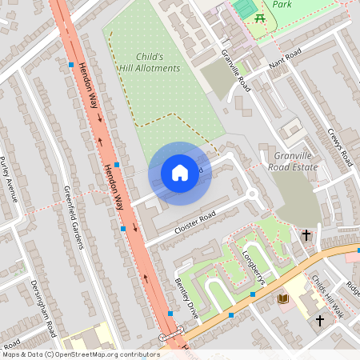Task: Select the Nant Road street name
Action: (x=285, y=58)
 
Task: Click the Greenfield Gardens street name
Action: (x=73, y=217)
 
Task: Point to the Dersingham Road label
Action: (x=43, y=307)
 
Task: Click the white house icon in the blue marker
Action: (x=180, y=172)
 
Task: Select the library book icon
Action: (x=283, y=298)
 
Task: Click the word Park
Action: (x=282, y=4)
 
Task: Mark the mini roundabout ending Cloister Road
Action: (x=253, y=193)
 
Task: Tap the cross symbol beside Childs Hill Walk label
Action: (x=319, y=321)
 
